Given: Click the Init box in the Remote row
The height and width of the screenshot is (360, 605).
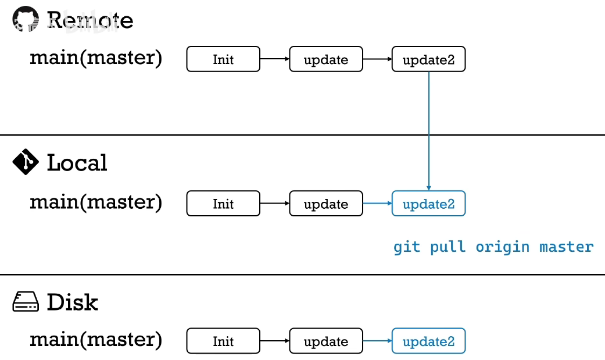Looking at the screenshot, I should (223, 59).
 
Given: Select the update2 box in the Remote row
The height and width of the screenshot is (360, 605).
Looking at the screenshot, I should (428, 60).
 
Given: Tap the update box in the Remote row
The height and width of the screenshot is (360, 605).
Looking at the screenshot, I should (326, 59).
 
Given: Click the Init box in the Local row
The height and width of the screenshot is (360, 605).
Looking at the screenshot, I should (223, 204).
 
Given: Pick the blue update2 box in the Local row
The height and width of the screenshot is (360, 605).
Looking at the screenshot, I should (428, 204).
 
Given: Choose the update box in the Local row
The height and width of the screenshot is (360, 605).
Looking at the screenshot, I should (326, 204).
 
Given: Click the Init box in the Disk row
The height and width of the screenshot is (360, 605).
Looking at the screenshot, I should (223, 341).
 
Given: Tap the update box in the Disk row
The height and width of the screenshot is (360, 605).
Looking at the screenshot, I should (326, 341).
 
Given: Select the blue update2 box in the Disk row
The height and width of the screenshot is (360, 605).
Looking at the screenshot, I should (428, 341).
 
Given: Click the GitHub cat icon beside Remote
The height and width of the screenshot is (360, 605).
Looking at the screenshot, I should (25, 20).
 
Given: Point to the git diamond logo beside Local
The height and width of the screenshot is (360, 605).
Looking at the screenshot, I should (25, 162).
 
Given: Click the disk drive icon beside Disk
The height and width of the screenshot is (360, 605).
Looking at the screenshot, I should (26, 302).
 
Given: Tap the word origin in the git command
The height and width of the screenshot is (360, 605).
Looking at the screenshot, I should (502, 247).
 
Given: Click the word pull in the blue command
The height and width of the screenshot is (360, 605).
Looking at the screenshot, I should (448, 247).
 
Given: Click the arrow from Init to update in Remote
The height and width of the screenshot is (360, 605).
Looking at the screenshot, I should (274, 59).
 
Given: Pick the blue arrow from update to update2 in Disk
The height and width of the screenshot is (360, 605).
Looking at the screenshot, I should (377, 341).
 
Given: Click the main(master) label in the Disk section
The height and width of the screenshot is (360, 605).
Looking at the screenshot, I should (96, 339).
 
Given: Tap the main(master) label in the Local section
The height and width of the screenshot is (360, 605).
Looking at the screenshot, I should (96, 202).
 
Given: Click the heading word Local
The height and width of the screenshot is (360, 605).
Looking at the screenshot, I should (77, 163).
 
